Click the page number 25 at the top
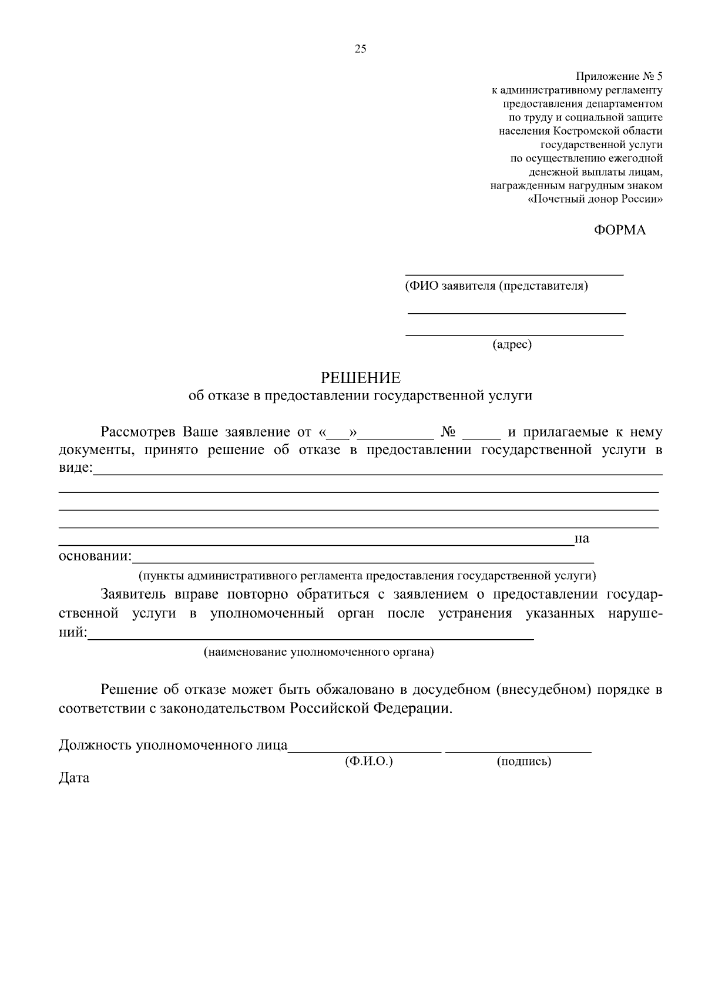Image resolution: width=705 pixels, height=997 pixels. (x=360, y=49)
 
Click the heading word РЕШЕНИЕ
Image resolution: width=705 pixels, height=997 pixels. (x=360, y=377)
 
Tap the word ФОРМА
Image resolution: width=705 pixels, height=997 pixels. (x=619, y=230)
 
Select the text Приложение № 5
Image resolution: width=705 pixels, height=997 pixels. (x=619, y=76)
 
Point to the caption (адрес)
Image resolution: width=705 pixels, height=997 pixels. (x=512, y=345)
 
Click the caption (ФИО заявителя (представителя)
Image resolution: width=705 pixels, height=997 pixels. (x=496, y=286)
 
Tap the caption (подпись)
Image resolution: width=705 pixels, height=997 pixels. (x=523, y=762)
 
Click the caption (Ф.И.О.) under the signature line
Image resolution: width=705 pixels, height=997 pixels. (x=368, y=762)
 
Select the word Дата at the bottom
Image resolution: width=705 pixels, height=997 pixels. (x=74, y=778)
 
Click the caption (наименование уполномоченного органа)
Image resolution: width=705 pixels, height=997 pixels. (x=318, y=652)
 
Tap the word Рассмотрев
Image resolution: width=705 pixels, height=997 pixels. (x=138, y=432)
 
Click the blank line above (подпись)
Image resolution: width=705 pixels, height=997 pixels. (x=518, y=751)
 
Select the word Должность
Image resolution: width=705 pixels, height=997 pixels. (x=95, y=746)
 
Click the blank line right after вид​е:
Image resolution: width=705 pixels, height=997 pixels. (x=377, y=474)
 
